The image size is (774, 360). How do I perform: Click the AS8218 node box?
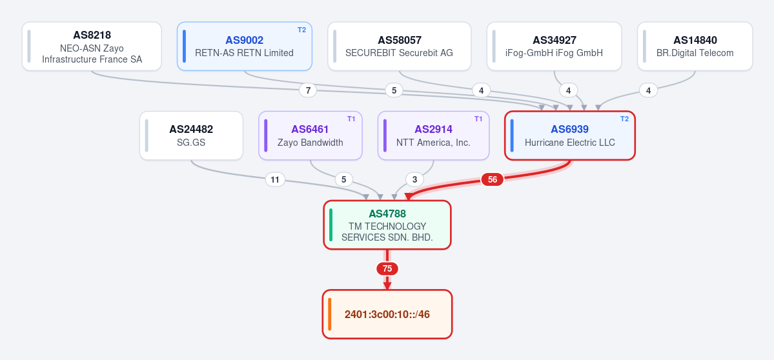(x=92, y=46)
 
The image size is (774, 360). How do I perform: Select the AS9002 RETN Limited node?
(x=245, y=46)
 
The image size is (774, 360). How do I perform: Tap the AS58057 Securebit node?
(x=400, y=46)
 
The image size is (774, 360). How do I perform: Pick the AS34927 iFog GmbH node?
(x=554, y=46)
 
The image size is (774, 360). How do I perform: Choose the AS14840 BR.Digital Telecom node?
(x=695, y=46)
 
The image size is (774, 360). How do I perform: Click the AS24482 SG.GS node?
(x=191, y=135)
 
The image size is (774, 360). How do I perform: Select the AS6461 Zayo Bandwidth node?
(x=311, y=135)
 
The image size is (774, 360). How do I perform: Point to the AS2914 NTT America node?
(x=433, y=135)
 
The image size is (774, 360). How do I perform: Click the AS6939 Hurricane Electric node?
(x=569, y=135)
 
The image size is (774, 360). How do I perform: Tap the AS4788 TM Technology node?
(x=387, y=225)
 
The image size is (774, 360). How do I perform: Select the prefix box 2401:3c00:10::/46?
(x=387, y=314)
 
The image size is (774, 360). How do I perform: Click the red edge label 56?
(x=492, y=179)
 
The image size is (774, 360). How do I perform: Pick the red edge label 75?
(x=387, y=269)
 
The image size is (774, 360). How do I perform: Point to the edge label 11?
(x=275, y=179)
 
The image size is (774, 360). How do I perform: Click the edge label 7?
(x=308, y=90)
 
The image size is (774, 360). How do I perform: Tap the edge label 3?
(x=414, y=179)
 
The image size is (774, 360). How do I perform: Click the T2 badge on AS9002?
(x=301, y=30)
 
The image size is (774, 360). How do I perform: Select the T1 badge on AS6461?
(x=351, y=119)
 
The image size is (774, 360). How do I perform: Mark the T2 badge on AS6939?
(x=624, y=119)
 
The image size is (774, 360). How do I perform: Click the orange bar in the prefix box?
(x=329, y=314)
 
